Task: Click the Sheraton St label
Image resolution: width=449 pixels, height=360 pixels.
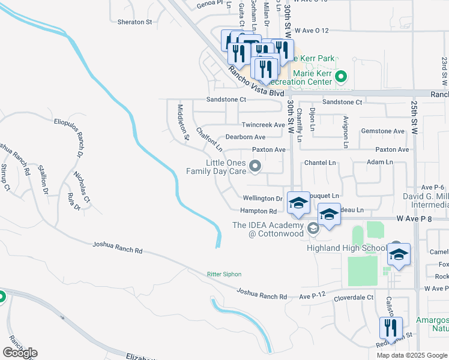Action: [135, 22]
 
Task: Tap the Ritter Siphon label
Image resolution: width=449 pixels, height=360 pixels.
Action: [224, 274]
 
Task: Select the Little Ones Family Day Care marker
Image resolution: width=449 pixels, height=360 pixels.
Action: [256, 167]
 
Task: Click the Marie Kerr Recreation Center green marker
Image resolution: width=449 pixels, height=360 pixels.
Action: [341, 77]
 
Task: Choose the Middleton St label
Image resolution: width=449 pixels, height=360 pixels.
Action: [183, 123]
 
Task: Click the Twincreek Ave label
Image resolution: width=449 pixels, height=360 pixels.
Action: [263, 125]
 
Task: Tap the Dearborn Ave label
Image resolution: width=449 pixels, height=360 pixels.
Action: [246, 137]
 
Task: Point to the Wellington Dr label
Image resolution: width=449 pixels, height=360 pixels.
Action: [262, 198]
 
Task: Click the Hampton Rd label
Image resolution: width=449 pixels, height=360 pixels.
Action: [258, 211]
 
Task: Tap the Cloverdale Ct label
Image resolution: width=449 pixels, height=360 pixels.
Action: [354, 297]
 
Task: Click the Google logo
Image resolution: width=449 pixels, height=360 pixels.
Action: [20, 353]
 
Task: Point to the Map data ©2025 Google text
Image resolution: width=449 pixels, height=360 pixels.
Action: [412, 355]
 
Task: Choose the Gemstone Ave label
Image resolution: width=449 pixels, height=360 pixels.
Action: [382, 131]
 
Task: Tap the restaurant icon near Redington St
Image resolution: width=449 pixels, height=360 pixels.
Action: [391, 329]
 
